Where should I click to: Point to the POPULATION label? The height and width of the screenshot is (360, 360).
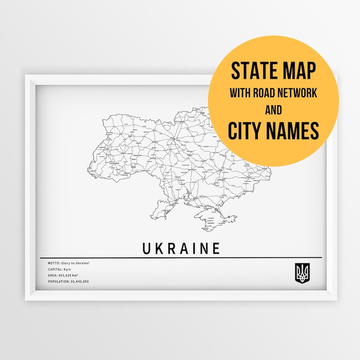coord(58,281)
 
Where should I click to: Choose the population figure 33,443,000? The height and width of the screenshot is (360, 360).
coord(79,281)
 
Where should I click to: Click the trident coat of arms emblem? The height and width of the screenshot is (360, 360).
coord(301,273)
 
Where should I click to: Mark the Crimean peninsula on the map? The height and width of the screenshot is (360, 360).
coord(211,218)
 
